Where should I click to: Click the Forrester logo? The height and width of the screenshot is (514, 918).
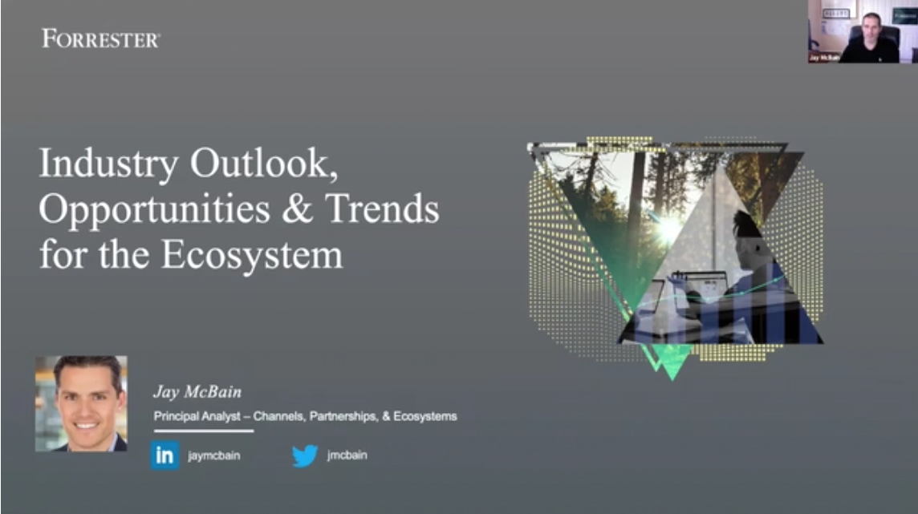[100, 38]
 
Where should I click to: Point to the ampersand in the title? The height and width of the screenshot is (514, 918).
[298, 208]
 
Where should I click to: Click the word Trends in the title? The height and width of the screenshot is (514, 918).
[382, 208]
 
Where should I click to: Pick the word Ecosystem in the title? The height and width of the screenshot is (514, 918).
[252, 256]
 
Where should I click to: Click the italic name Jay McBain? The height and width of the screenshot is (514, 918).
[197, 391]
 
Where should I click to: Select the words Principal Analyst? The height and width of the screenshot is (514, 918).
[197, 416]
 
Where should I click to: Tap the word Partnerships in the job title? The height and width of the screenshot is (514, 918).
[343, 416]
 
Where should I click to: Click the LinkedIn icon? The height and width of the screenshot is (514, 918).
[165, 455]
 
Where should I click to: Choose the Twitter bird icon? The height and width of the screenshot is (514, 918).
[305, 455]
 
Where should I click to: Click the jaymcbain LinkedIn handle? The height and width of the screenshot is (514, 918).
[213, 455]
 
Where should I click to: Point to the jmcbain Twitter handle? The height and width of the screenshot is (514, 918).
[347, 455]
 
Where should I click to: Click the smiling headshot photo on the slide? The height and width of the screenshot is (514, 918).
[81, 403]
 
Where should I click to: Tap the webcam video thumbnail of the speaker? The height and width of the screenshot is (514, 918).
[863, 31]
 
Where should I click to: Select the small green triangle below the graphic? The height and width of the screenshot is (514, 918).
[672, 362]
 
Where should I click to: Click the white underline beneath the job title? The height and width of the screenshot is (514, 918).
[203, 431]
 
